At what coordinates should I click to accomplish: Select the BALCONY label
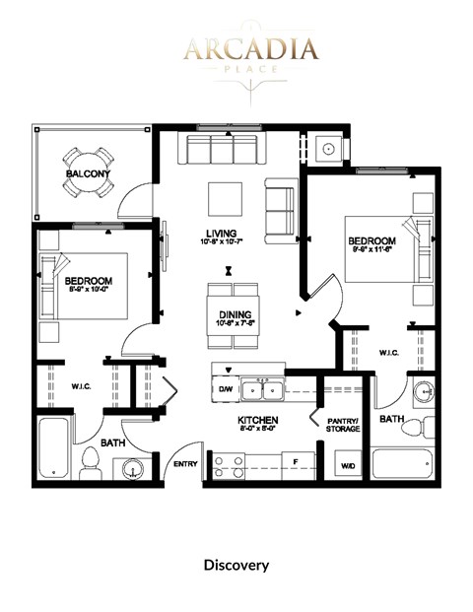(88, 174)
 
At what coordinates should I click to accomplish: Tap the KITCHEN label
(258, 421)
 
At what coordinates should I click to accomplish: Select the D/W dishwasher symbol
(225, 389)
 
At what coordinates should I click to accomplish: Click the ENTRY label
(186, 464)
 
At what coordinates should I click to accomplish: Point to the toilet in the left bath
(90, 461)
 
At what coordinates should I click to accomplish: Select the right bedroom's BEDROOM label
(372, 241)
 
